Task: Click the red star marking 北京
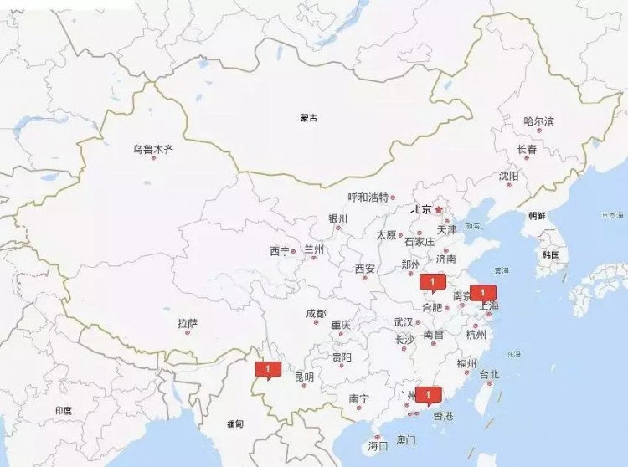[438, 209]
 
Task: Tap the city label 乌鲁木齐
[152, 150]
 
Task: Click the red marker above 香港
[428, 393]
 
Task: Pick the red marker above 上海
[482, 292]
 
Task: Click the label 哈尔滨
[538, 121]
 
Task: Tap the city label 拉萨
[188, 323]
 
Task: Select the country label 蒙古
[309, 118]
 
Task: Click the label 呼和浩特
[368, 198]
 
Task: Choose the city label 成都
[316, 314]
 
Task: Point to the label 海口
[378, 446]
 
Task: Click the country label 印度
[64, 411]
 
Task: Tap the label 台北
[489, 374]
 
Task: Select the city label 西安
[364, 269]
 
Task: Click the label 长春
[527, 150]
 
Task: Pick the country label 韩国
[550, 254]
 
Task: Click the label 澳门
[406, 439]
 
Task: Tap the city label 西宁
[280, 250]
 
